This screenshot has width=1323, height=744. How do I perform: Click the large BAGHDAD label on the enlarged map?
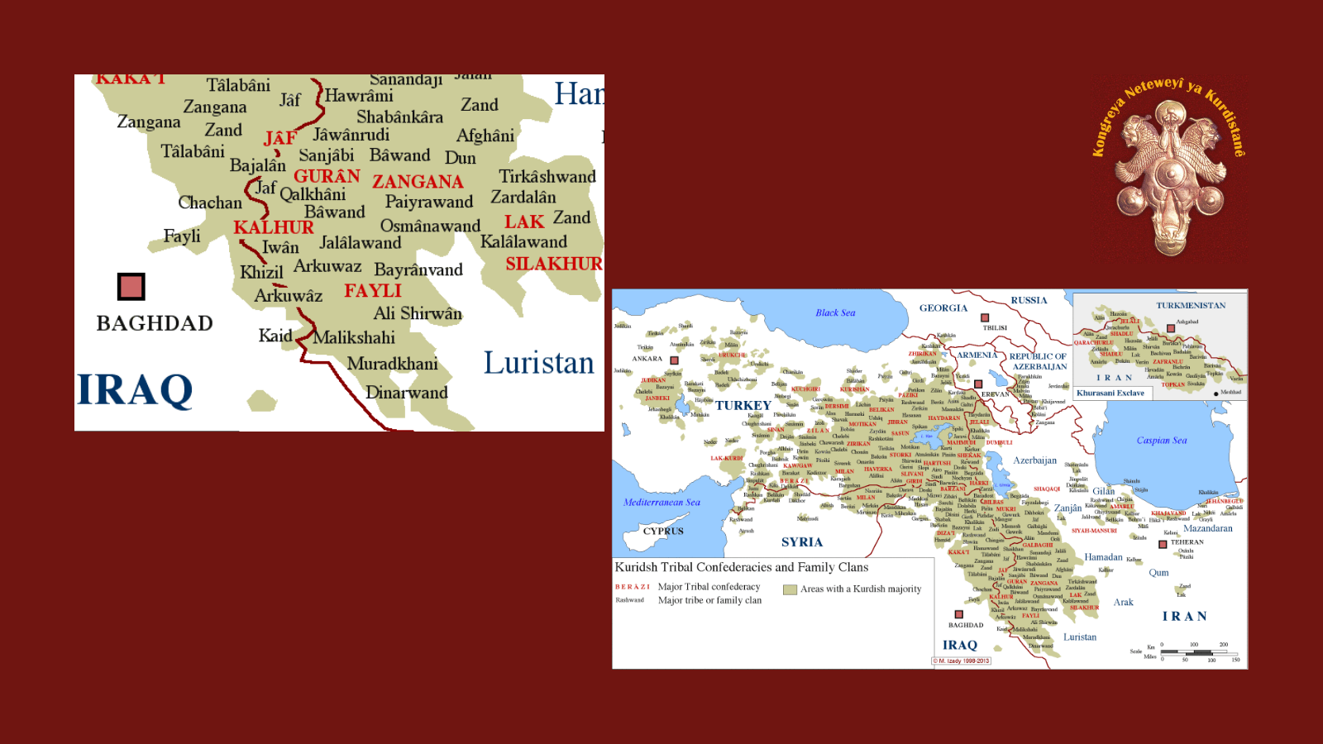(x=155, y=323)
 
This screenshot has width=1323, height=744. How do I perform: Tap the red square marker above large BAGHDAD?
(x=131, y=287)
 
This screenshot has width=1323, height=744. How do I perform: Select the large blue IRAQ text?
(x=135, y=390)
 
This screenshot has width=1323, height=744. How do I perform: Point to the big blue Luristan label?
(x=538, y=364)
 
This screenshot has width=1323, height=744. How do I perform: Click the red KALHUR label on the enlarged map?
(x=274, y=227)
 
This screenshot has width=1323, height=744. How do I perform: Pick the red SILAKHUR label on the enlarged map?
(x=554, y=264)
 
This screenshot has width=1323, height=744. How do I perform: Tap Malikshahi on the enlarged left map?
(x=354, y=337)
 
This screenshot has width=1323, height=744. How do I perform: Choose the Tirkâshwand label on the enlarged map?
(x=547, y=176)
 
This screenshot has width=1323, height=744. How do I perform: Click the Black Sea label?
(x=835, y=312)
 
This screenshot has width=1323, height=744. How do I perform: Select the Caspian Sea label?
(x=1161, y=441)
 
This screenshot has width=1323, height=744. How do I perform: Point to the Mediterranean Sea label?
(x=661, y=502)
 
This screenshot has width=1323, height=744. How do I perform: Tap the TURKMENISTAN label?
(x=1191, y=305)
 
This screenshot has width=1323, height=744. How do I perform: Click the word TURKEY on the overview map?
(x=743, y=405)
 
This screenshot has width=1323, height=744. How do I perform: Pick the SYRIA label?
(x=802, y=542)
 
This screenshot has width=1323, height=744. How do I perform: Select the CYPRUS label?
(x=663, y=531)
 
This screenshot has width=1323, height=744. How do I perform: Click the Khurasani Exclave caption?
(x=1110, y=393)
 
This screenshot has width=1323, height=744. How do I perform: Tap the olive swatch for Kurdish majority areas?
(x=790, y=589)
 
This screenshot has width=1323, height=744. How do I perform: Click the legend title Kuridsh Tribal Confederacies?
(x=741, y=567)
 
